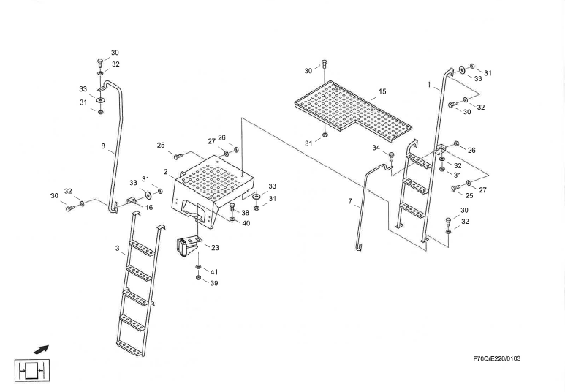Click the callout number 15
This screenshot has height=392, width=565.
(382, 92)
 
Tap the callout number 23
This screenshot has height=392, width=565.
(215, 247)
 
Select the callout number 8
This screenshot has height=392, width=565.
(104, 146)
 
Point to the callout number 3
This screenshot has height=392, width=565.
(117, 249)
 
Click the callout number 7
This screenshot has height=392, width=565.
(350, 200)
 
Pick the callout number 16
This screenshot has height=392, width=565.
(149, 208)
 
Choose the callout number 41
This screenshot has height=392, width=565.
(214, 272)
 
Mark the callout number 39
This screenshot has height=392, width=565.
(214, 283)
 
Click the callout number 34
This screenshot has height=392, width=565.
(376, 148)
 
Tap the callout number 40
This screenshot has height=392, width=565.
(246, 223)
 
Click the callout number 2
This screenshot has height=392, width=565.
(166, 172)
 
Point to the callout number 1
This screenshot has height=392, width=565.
(429, 85)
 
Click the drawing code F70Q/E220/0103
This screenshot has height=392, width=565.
(501, 358)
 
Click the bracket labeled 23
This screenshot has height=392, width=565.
(189, 245)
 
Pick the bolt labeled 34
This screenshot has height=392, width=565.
(391, 157)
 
